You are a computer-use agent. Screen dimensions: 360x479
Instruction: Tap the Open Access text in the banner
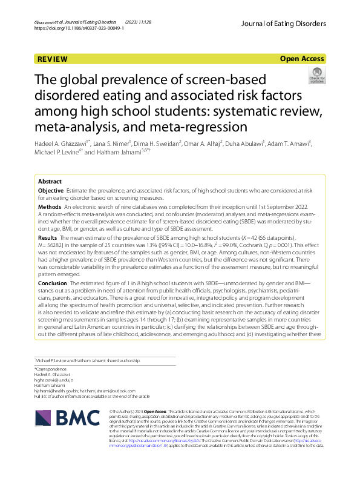tap(303, 59)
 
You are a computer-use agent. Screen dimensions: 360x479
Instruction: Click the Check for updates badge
tap(317, 76)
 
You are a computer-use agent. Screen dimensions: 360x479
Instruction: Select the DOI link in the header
tap(77, 28)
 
